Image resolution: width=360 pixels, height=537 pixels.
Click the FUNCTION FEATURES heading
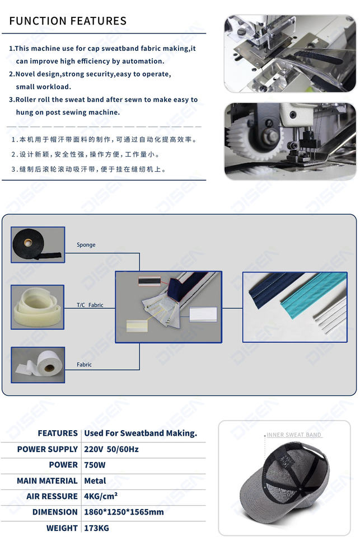[x=68, y=21]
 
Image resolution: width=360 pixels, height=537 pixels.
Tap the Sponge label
[x=86, y=245]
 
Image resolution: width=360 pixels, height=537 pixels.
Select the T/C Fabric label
[x=90, y=305]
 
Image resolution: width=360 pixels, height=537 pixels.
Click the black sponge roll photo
[x=38, y=245]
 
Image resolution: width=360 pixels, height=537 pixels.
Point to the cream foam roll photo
[x=38, y=307]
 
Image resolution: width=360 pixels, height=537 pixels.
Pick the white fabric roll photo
[x=38, y=365]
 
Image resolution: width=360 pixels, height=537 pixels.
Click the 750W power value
[x=95, y=465]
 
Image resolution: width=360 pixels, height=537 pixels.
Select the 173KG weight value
[x=97, y=528]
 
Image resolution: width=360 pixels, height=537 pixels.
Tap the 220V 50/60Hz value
[x=111, y=449]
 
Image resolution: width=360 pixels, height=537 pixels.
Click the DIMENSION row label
[x=55, y=512]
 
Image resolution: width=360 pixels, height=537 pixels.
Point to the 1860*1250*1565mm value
[x=124, y=512]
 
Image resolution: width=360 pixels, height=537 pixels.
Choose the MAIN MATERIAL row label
[x=48, y=481]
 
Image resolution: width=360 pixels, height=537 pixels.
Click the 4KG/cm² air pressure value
[x=101, y=496]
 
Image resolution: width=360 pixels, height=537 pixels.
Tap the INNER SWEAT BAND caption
[x=294, y=435]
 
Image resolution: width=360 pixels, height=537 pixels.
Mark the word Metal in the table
[x=95, y=481]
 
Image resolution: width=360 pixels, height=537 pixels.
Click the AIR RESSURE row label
[x=52, y=496]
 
